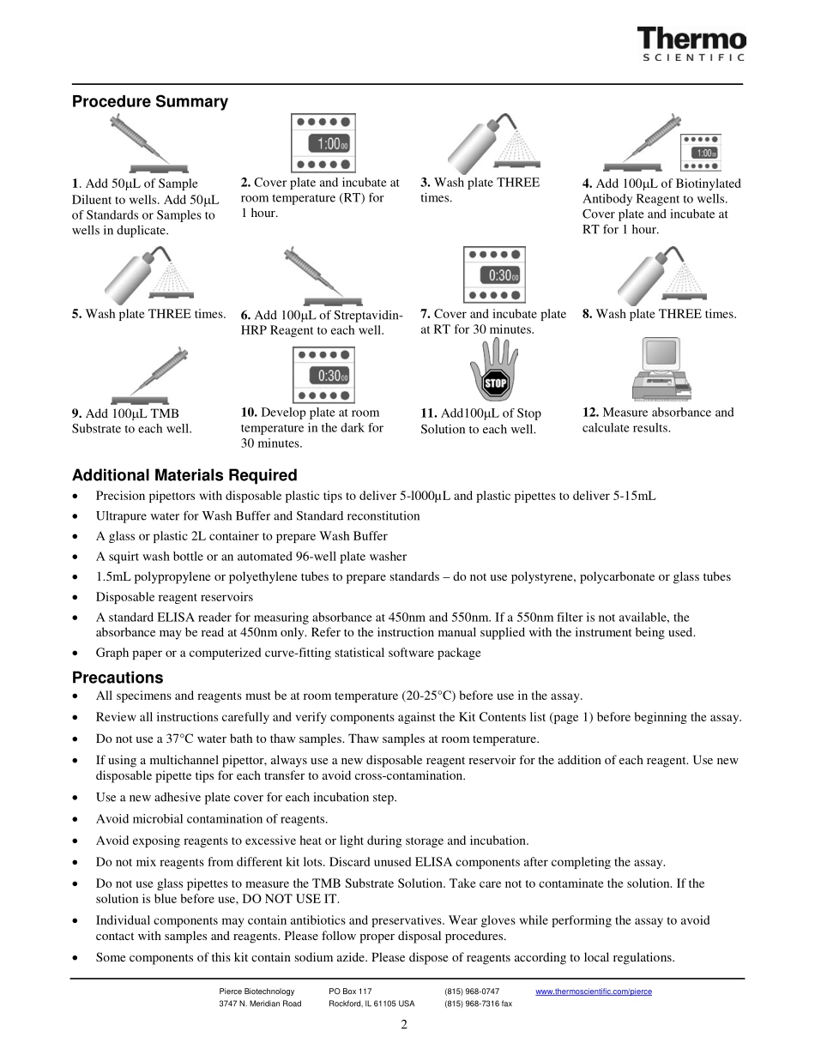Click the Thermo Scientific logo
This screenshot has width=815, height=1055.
pyautogui.click(x=691, y=45)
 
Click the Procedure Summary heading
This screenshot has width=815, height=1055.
pyautogui.click(x=150, y=102)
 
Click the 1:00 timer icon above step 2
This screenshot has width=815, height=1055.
pyautogui.click(x=323, y=143)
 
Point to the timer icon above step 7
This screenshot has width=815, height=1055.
pyautogui.click(x=494, y=274)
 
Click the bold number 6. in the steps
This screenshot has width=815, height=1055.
pyautogui.click(x=246, y=315)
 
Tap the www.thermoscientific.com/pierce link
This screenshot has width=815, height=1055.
pyautogui.click(x=594, y=992)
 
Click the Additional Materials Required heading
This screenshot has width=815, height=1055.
pyautogui.click(x=184, y=475)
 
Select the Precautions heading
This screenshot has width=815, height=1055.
pyautogui.click(x=118, y=678)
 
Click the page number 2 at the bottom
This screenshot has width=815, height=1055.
pyautogui.click(x=403, y=1025)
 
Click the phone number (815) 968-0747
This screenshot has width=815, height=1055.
pyautogui.click(x=472, y=992)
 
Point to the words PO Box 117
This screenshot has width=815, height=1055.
pyautogui.click(x=350, y=992)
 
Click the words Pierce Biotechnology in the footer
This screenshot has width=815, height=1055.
pyautogui.click(x=257, y=992)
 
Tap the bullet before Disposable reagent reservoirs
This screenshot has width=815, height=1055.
pyautogui.click(x=78, y=597)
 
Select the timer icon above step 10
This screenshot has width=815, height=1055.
pyautogui.click(x=323, y=375)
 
